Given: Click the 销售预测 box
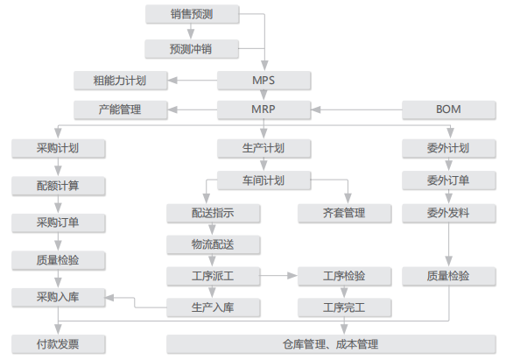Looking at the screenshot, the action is click(193, 14).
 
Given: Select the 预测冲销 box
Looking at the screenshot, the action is click(192, 49).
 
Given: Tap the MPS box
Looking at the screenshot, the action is click(264, 81).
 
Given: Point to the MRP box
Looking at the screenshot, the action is click(264, 109).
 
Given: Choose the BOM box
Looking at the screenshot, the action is click(449, 109).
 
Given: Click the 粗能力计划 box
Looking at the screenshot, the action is click(121, 81).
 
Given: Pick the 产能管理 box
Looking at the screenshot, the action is click(121, 109).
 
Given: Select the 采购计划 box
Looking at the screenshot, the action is click(59, 149).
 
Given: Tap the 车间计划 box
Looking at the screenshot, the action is click(264, 180).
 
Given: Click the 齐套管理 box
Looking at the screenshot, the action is click(345, 214).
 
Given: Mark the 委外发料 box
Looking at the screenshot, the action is click(449, 214).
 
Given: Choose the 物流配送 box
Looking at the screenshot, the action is click(214, 244).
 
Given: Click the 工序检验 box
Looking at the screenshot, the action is click(345, 276).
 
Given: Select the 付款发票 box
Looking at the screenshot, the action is click(59, 344).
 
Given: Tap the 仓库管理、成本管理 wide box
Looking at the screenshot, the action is click(331, 344).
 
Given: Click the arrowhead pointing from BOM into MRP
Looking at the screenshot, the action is click(315, 109).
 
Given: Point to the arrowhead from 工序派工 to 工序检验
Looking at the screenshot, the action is click(292, 276).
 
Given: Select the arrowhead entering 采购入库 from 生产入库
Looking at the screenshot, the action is click(109, 298).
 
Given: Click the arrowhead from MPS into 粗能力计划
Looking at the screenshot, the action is click(172, 81).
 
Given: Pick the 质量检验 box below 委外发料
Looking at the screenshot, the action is click(449, 276).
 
